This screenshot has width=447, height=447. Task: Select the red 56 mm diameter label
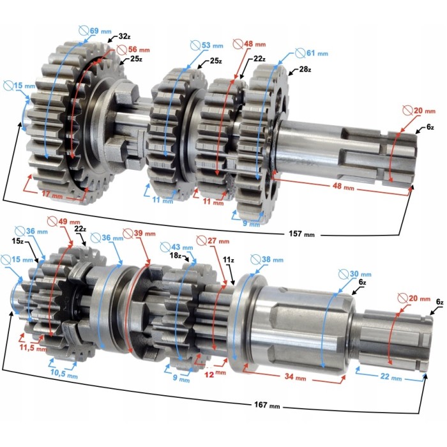point(133,50)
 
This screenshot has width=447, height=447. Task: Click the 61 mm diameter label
point(312,53)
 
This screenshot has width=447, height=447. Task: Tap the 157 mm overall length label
point(301,234)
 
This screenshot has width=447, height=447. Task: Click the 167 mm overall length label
point(267,404)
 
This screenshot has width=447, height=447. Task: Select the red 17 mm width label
point(52,194)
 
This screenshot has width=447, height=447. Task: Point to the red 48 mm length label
point(344,186)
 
